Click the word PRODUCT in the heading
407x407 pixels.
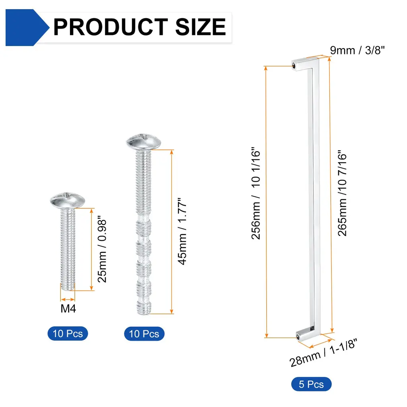[111, 27]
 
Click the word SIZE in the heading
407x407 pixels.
[201, 27]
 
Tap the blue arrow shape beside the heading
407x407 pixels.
[27, 27]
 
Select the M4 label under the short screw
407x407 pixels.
[68, 308]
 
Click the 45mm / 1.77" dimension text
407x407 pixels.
[182, 231]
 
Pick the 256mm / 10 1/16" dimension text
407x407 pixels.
[256, 193]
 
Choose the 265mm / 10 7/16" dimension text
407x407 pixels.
[342, 193]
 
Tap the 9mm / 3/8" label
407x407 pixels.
[357, 50]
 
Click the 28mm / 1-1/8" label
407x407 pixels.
[324, 353]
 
